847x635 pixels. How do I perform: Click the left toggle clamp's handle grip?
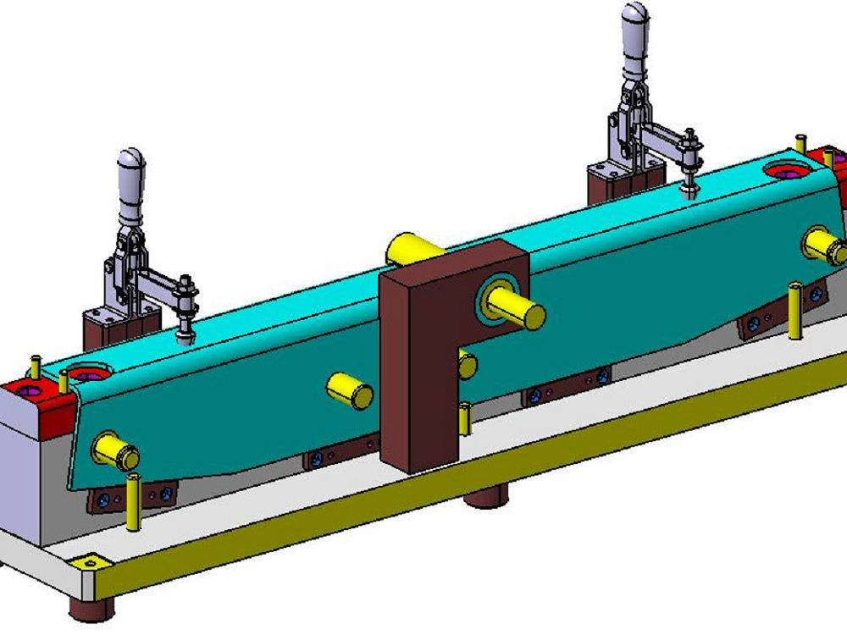point(131,182)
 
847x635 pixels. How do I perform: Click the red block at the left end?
point(34,397)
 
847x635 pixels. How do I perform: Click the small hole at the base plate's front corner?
point(90,563)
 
